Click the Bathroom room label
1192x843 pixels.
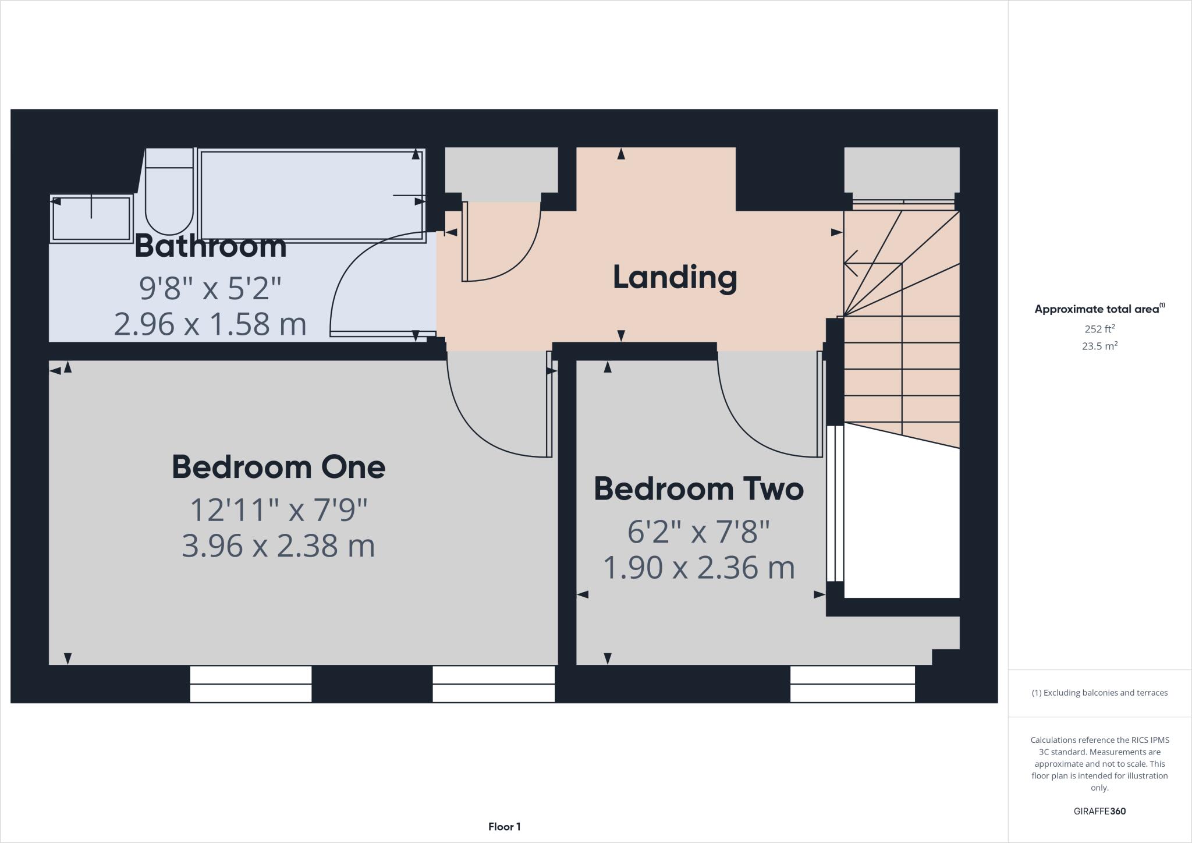(211, 246)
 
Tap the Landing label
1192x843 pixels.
(675, 277)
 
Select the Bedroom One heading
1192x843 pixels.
(278, 467)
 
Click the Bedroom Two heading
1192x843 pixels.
(698, 489)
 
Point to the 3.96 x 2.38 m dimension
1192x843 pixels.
(278, 546)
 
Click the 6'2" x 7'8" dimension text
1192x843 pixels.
(698, 532)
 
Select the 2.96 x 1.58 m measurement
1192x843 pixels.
(210, 324)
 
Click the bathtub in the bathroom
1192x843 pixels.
(311, 194)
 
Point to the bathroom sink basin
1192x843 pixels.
(91, 219)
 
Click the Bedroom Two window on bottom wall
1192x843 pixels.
(852, 684)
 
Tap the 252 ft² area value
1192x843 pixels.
(1099, 329)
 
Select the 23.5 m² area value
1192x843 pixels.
(1099, 346)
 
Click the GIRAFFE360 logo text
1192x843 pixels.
(1099, 811)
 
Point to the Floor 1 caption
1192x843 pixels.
(504, 827)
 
